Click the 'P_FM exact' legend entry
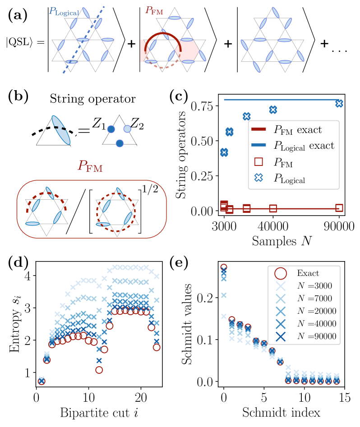[297, 131]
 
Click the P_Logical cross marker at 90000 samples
[339, 103]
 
